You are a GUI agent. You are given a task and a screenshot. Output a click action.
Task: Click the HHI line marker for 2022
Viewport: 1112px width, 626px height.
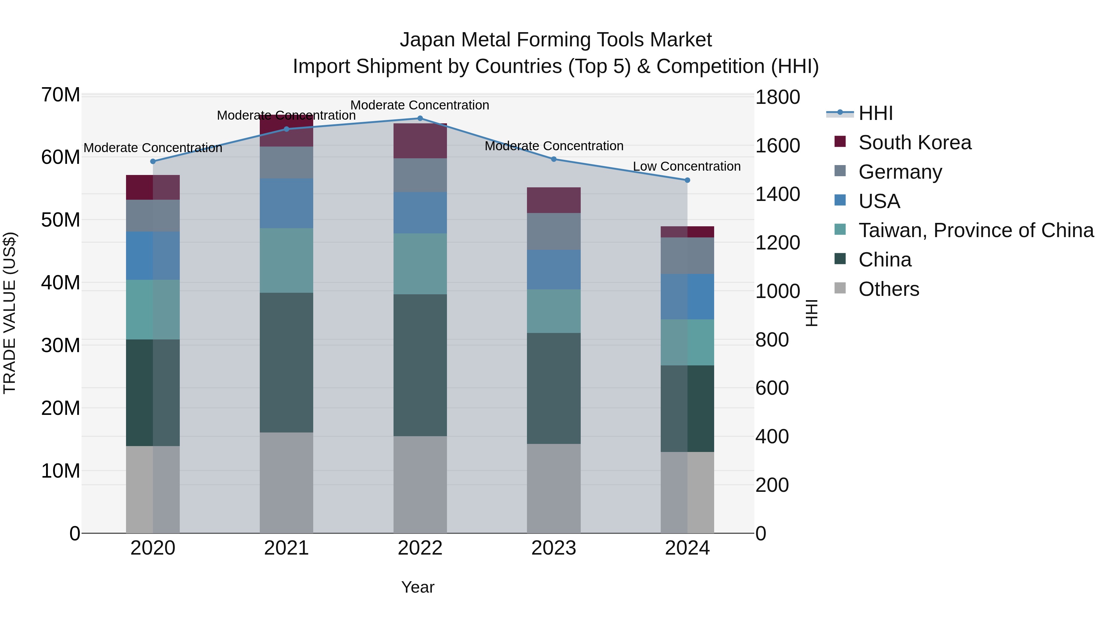[420, 118]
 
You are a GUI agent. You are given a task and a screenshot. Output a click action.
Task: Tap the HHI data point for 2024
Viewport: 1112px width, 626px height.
[687, 180]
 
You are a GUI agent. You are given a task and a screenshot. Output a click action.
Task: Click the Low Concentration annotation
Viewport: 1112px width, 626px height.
[686, 166]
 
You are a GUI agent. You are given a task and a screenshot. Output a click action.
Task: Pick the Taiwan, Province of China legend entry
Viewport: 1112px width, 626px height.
[975, 230]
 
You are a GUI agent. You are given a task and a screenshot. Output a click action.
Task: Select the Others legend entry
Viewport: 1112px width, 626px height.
[888, 289]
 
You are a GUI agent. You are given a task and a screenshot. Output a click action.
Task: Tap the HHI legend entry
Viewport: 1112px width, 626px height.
[875, 113]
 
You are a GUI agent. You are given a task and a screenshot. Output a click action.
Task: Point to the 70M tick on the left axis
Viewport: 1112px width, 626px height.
[61, 95]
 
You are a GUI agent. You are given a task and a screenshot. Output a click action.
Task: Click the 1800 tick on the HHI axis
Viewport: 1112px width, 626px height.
[777, 97]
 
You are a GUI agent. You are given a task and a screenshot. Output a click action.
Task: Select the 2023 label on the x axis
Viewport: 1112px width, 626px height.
[554, 548]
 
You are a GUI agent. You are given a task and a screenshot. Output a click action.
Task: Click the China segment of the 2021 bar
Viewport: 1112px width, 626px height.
[286, 363]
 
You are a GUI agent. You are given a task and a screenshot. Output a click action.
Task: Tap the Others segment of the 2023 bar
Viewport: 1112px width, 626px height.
[554, 488]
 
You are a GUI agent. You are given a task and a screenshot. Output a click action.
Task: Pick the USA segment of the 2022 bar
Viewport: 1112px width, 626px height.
[420, 213]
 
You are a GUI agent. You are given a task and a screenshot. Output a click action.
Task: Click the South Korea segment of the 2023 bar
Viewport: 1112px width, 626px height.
[554, 200]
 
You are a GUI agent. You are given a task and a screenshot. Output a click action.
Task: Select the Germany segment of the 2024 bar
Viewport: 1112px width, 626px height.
[687, 256]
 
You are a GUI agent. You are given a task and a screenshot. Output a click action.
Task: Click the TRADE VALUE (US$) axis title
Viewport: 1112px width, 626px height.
[10, 313]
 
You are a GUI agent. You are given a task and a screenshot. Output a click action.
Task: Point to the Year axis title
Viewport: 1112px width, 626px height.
[417, 587]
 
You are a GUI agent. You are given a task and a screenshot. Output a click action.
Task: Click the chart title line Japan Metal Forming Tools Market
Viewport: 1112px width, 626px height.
[556, 40]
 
